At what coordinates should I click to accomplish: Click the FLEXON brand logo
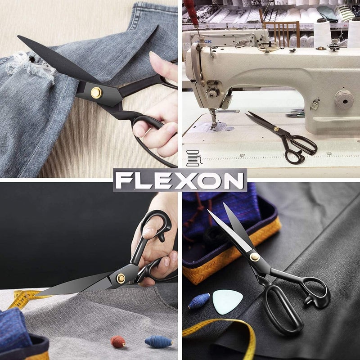tap(180, 180)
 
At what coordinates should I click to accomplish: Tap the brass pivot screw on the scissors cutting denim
tap(96, 93)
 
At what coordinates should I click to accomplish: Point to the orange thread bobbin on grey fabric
tap(118, 339)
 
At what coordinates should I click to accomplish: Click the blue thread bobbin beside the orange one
tap(158, 342)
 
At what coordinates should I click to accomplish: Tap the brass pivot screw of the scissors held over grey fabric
tap(121, 278)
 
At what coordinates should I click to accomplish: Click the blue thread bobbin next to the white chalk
tap(199, 301)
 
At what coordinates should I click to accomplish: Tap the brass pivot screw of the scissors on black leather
tap(255, 257)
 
